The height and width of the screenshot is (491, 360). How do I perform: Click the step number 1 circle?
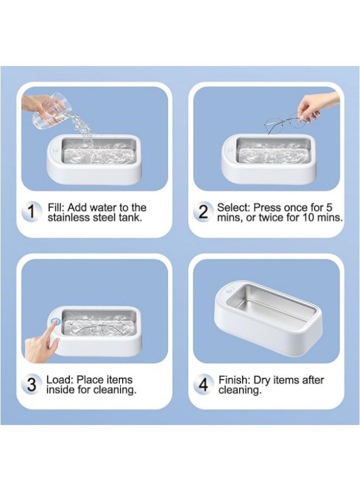tap(32, 213)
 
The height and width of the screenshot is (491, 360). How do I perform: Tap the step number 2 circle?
tap(203, 212)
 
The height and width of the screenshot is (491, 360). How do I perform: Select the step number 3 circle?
tap(32, 385)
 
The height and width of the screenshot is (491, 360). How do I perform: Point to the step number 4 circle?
tap(203, 385)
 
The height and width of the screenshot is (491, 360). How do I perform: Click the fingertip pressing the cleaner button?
tap(53, 325)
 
